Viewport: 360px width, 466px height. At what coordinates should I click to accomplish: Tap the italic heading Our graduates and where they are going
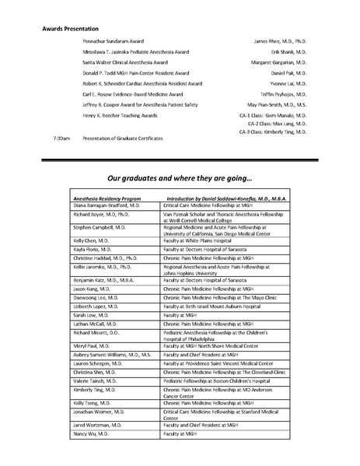180,177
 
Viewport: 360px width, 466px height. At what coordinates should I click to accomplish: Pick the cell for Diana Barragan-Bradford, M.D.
106,205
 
